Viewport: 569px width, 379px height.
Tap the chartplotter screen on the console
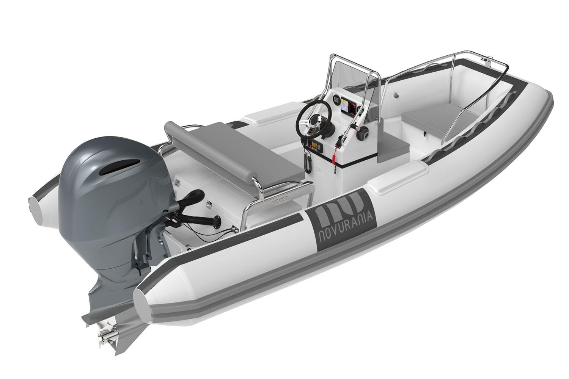(x=346, y=105)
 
